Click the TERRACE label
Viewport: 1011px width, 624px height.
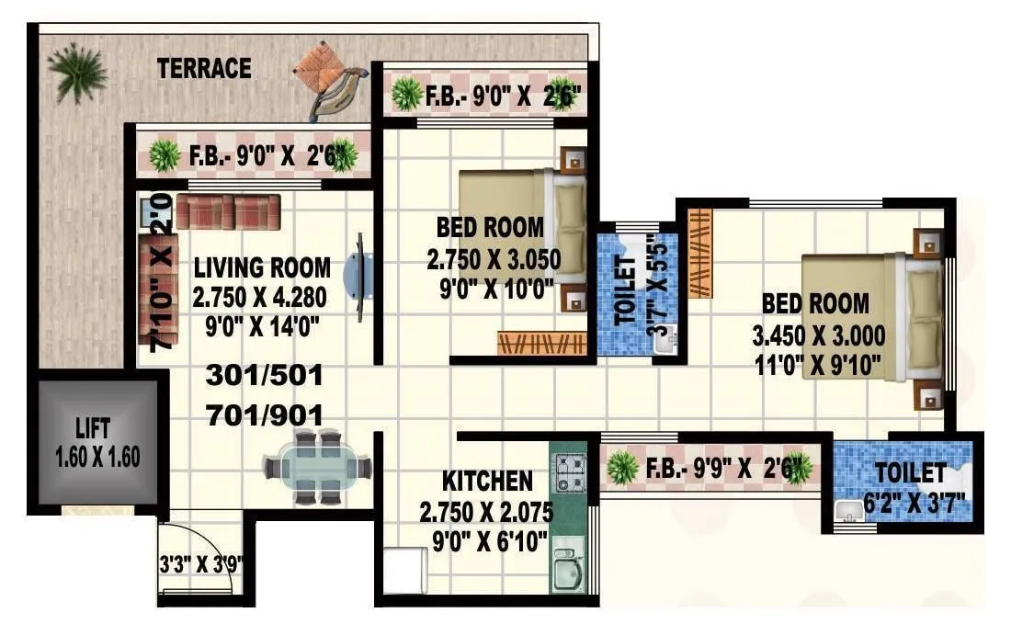(x=204, y=68)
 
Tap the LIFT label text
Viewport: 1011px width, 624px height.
(x=93, y=428)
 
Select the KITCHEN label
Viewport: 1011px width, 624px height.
(x=487, y=481)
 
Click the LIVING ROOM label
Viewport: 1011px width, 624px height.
(x=262, y=268)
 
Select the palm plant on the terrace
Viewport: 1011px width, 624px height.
(x=76, y=71)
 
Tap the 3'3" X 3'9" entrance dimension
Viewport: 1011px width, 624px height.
(x=201, y=563)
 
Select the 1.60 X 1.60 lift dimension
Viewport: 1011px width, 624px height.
(x=98, y=457)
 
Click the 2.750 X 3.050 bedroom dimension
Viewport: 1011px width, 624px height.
(x=494, y=259)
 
